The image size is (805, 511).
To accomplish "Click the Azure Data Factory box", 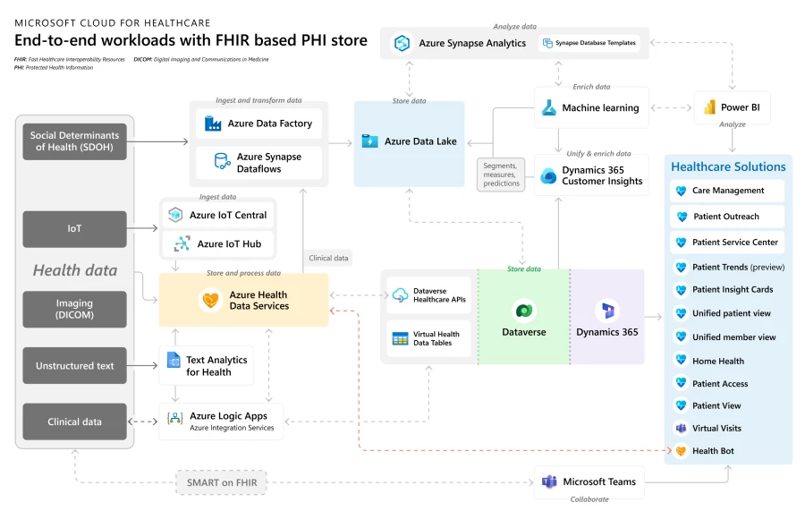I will (258, 123).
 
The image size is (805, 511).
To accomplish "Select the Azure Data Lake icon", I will (369, 141).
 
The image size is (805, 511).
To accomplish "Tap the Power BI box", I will (731, 107).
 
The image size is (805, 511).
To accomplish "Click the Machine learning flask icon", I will (548, 107).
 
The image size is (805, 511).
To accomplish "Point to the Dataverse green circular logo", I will (523, 311).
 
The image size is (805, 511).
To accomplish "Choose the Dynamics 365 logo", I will (607, 311).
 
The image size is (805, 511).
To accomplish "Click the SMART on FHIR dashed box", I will (221, 483).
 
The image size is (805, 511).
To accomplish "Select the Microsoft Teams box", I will (589, 481).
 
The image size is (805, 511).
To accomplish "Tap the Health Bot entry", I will (726, 451).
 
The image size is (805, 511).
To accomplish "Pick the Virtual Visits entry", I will (726, 429).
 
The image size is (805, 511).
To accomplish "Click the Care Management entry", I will (726, 191).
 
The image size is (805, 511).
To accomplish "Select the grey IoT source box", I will (74, 229).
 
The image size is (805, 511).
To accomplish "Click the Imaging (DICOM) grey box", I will (74, 309).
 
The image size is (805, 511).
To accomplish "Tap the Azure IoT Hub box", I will (218, 243).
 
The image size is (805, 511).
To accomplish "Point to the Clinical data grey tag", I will (328, 258).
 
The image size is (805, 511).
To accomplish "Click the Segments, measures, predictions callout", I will (501, 175).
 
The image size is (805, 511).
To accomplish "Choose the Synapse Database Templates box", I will (589, 43).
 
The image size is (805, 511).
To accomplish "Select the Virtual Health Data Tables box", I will (428, 338).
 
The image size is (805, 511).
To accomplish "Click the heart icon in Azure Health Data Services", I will (211, 300).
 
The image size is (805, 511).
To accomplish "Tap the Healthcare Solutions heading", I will (728, 166).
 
